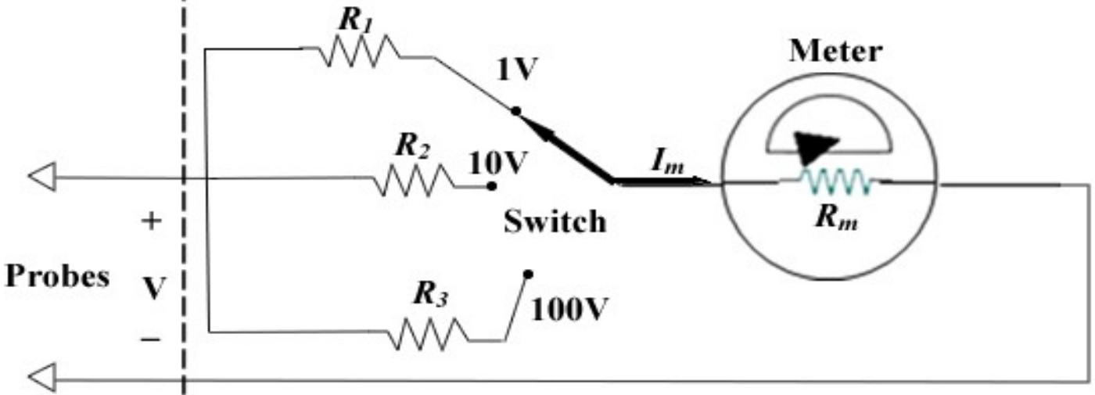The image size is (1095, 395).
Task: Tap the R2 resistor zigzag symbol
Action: click(413, 182)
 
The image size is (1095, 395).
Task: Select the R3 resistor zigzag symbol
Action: click(429, 336)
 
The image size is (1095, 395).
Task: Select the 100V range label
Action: click(568, 311)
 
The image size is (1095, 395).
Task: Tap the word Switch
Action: click(554, 222)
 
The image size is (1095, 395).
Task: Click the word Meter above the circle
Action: click(835, 52)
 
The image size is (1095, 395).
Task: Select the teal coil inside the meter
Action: click(835, 182)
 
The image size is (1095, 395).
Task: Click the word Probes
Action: click(57, 278)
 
